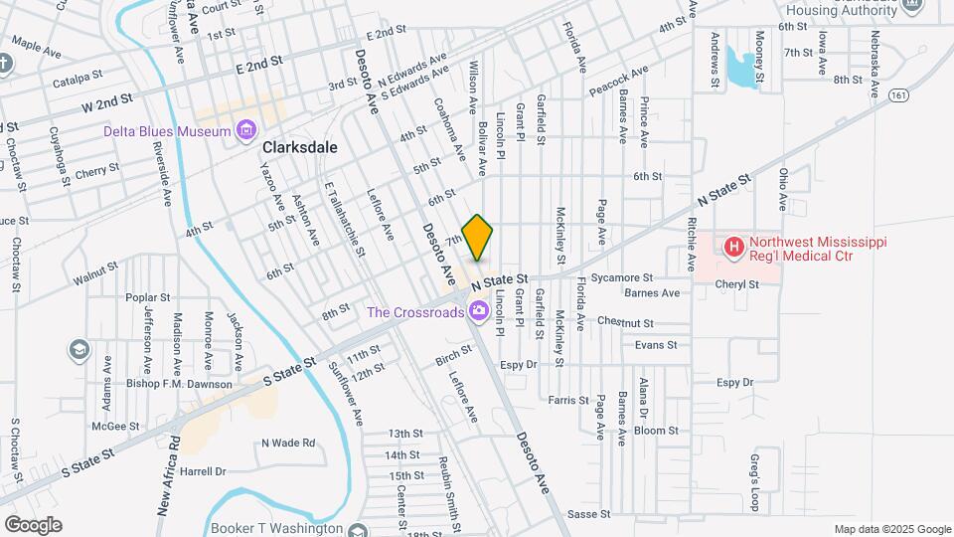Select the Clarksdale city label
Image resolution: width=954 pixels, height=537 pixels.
click(x=299, y=147)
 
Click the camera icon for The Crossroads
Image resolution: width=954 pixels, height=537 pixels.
click(x=479, y=312)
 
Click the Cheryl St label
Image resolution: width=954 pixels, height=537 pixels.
click(x=736, y=283)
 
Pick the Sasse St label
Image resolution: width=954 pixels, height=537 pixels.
click(x=587, y=514)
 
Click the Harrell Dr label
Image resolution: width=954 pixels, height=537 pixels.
click(x=204, y=471)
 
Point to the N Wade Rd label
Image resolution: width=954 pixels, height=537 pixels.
click(x=288, y=443)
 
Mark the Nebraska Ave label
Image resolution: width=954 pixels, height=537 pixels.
click(x=874, y=65)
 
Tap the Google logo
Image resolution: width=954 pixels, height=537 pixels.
click(x=33, y=524)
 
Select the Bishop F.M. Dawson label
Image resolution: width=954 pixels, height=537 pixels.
click(x=179, y=384)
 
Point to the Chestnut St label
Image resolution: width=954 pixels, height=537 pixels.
click(x=625, y=322)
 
